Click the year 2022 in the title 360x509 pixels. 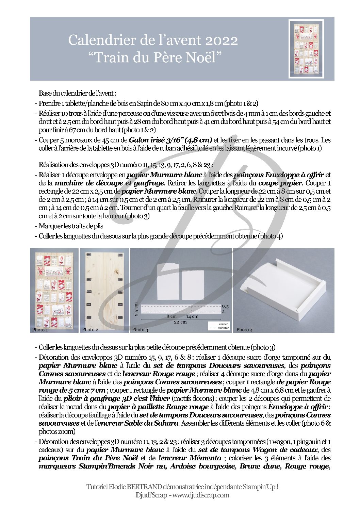point(221,40)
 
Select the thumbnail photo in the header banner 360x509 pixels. point(306,49)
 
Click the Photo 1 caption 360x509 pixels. point(40,329)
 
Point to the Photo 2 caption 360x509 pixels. point(90,329)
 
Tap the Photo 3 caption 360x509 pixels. point(140,329)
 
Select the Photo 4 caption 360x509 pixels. point(244,329)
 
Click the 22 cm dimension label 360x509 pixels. point(180,322)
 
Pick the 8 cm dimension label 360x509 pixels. point(171,316)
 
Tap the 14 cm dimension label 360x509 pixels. point(192,316)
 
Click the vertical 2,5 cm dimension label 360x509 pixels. point(136,309)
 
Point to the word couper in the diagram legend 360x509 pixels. point(224,324)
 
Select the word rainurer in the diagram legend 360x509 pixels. point(224,328)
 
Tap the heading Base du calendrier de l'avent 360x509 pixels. point(78,93)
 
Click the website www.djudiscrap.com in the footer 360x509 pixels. point(200,495)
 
